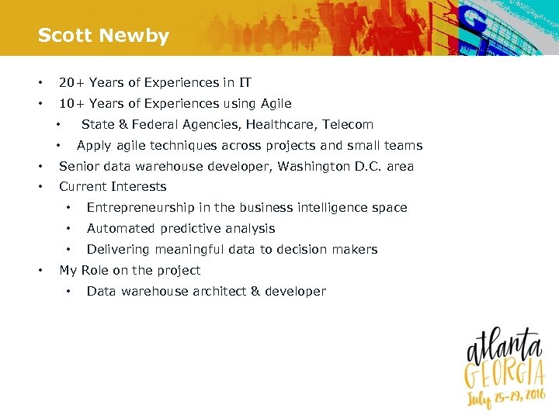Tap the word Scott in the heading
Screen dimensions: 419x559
point(64,36)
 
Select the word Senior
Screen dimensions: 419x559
point(79,166)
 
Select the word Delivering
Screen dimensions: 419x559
point(117,249)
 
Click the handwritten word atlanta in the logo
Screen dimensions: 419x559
point(503,346)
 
